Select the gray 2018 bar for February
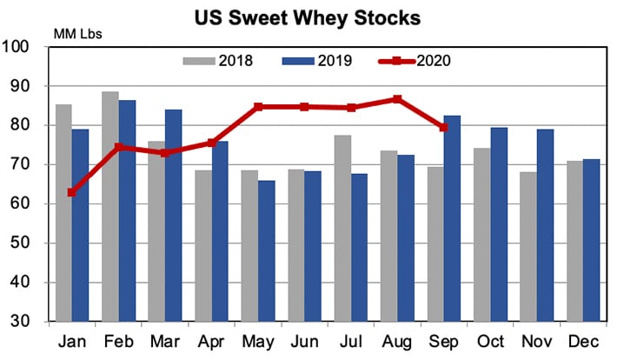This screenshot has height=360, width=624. pos(110,206)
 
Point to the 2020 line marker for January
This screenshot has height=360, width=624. pos(72,192)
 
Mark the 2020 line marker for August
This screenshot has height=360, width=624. pos(397,99)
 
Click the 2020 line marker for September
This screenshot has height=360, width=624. pos(443,128)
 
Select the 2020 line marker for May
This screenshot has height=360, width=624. pos(258,107)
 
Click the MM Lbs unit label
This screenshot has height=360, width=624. pos(79,33)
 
